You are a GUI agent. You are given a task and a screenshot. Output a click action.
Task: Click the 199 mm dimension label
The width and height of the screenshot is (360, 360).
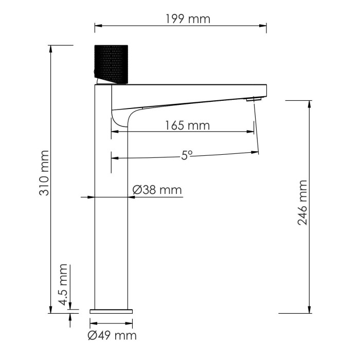click(188, 19)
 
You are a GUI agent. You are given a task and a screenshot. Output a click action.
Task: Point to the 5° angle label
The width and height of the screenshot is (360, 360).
click(186, 155)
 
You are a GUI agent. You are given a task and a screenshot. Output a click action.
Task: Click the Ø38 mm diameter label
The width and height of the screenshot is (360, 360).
click(157, 190)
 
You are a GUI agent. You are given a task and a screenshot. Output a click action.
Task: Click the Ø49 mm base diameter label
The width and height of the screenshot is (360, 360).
click(112, 336)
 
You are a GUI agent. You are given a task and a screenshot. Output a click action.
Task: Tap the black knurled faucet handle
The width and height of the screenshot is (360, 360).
click(112, 64)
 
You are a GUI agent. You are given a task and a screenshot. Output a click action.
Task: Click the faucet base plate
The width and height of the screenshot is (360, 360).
click(111, 311)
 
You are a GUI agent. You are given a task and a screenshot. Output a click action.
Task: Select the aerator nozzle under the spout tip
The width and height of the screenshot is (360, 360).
click(250, 99)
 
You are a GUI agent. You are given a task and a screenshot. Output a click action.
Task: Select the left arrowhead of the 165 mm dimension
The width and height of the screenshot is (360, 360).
click(115, 132)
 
